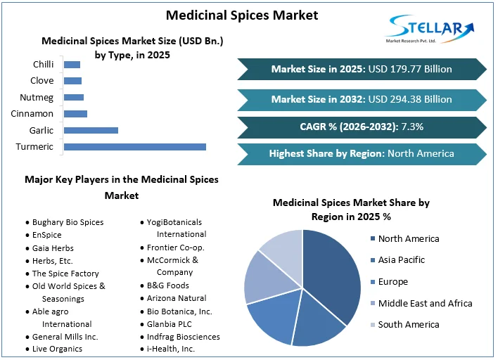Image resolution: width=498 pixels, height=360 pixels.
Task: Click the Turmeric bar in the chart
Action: (135, 146)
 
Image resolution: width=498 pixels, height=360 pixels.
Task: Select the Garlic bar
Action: (91, 130)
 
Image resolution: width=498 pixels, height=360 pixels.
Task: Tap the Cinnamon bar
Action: (75, 113)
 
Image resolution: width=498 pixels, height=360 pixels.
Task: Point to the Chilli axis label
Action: (43, 65)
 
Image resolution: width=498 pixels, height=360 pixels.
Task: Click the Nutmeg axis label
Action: (37, 97)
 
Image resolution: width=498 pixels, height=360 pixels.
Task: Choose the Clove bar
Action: (72, 81)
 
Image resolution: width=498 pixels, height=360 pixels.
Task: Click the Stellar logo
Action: (430, 30)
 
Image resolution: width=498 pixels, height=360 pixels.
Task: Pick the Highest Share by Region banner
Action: (362, 153)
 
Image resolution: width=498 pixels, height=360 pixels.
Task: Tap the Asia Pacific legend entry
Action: (402, 260)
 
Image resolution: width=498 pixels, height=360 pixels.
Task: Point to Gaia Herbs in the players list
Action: (53, 247)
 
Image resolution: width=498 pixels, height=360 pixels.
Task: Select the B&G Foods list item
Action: (168, 285)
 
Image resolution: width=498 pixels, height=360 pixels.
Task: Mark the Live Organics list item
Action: (57, 349)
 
